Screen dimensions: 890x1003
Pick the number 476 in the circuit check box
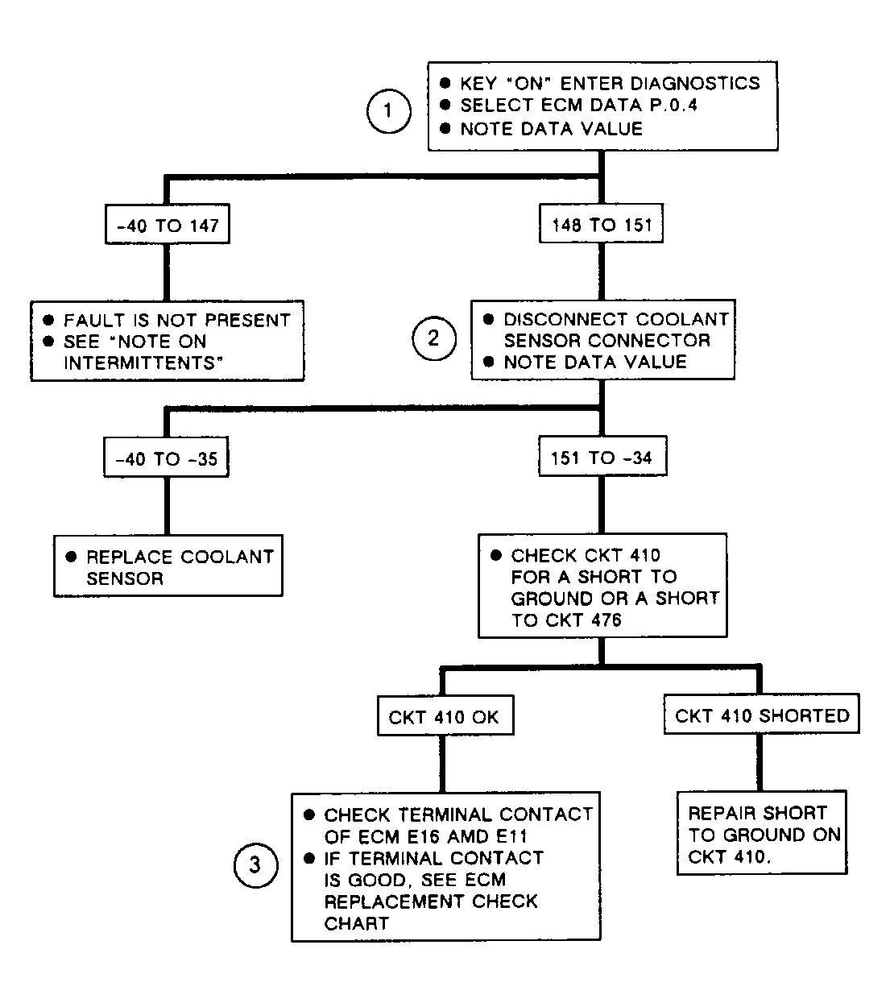(606, 620)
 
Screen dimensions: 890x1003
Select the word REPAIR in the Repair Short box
(721, 813)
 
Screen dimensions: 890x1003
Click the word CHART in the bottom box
(356, 923)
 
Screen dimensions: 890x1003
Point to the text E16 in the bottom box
(423, 837)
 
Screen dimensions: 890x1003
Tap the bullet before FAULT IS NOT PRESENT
(48, 320)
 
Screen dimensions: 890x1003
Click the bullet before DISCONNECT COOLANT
(488, 319)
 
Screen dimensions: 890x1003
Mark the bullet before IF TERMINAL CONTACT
(308, 858)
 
